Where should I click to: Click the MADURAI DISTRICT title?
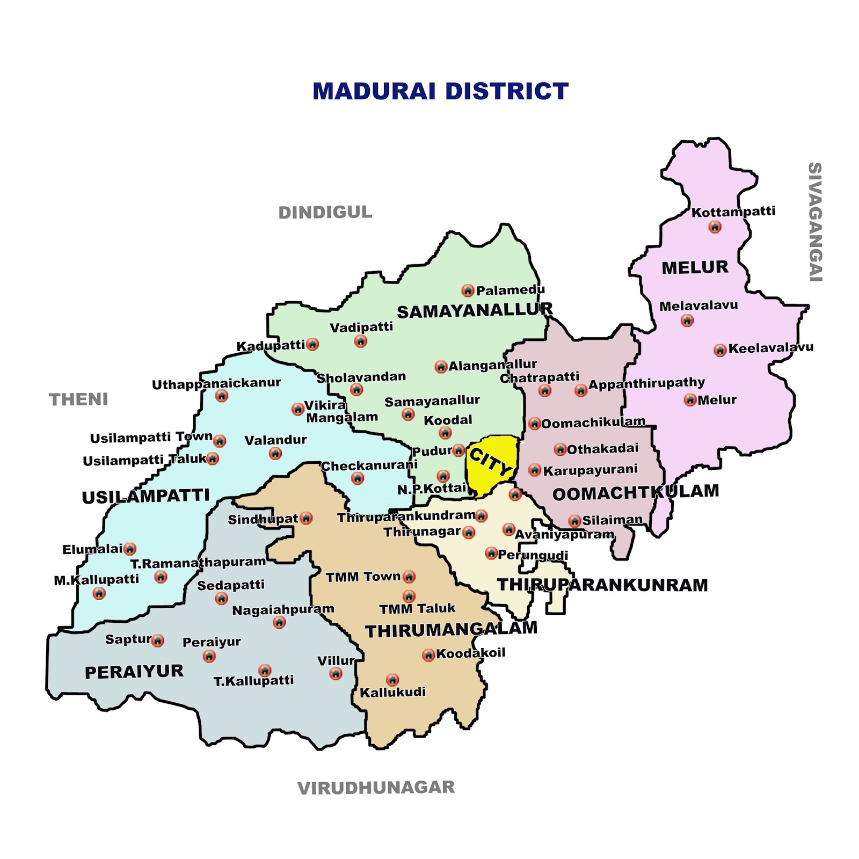coord(440,91)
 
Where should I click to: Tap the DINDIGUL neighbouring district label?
coord(325,213)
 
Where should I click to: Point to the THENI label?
coord(78,399)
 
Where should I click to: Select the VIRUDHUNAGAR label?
coord(376,788)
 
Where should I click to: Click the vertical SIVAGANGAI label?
coord(815,222)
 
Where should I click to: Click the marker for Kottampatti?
coord(715,227)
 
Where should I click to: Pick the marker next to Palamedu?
coord(468,291)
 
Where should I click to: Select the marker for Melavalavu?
coord(687,321)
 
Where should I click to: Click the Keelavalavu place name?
coord(770,348)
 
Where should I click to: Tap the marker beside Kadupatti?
coord(312,344)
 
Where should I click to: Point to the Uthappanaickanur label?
coord(216,384)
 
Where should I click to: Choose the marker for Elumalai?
coord(130,549)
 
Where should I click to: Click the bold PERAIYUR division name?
coord(134,672)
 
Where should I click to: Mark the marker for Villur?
coord(336,674)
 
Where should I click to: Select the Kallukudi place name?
coord(392,692)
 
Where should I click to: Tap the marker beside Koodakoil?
coord(428,655)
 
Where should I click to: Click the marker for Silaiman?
coord(574,521)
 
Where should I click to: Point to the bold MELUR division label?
coord(695,267)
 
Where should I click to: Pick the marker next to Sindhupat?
coord(306,518)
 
